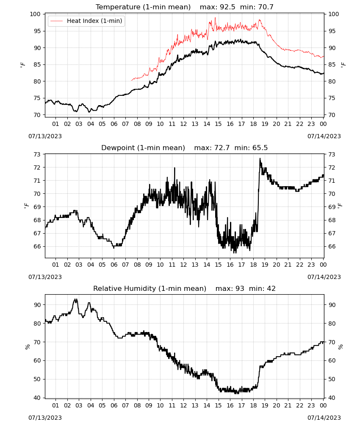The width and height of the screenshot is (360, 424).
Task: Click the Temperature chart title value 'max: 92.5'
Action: (217, 7)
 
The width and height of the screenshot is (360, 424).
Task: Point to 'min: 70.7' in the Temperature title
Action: (257, 7)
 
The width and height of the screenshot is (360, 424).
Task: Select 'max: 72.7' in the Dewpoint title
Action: (212, 148)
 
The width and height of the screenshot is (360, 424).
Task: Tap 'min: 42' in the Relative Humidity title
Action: (262, 288)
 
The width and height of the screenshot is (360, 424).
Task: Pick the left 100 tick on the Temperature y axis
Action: (35, 14)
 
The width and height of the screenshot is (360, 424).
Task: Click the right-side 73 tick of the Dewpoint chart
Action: (332, 154)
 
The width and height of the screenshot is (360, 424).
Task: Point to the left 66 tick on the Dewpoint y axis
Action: (37, 246)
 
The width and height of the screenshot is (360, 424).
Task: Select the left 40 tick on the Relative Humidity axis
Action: (37, 398)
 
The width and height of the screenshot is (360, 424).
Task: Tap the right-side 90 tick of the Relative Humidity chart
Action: (332, 305)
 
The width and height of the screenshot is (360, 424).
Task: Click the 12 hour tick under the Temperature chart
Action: (183, 124)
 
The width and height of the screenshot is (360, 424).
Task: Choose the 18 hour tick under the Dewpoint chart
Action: (253, 265)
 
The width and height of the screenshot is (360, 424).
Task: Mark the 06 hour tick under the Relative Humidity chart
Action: (114, 405)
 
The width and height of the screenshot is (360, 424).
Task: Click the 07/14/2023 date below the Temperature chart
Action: (324, 136)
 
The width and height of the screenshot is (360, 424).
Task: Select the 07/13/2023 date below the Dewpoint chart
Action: (45, 277)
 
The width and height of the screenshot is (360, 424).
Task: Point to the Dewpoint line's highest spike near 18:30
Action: (260, 159)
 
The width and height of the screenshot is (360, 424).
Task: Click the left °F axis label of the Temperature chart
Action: (23, 65)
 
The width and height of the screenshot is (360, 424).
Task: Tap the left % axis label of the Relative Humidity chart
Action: (28, 347)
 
